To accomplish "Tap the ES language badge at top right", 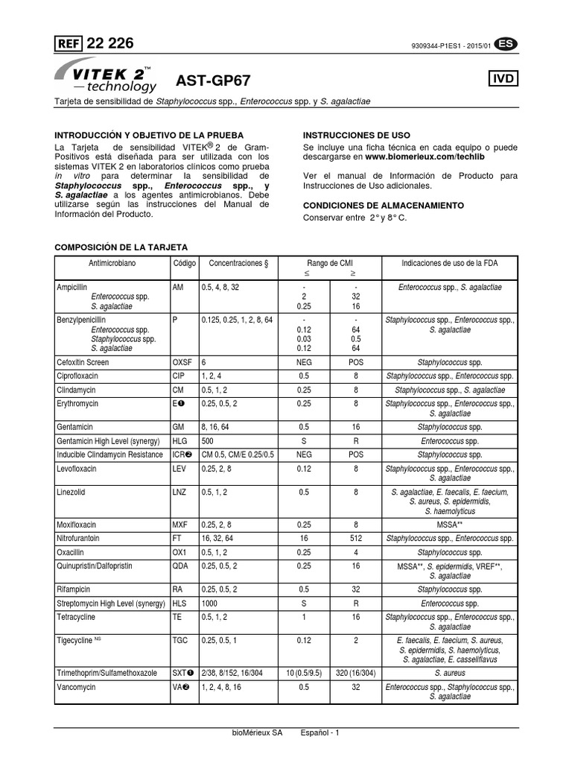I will (506, 44).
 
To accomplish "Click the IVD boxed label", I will (503, 79).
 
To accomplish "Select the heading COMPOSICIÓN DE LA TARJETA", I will (123, 247).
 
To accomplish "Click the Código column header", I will (185, 263).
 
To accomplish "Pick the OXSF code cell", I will (183, 361).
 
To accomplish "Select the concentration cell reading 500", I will (208, 441).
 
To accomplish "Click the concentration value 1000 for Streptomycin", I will (210, 604).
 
